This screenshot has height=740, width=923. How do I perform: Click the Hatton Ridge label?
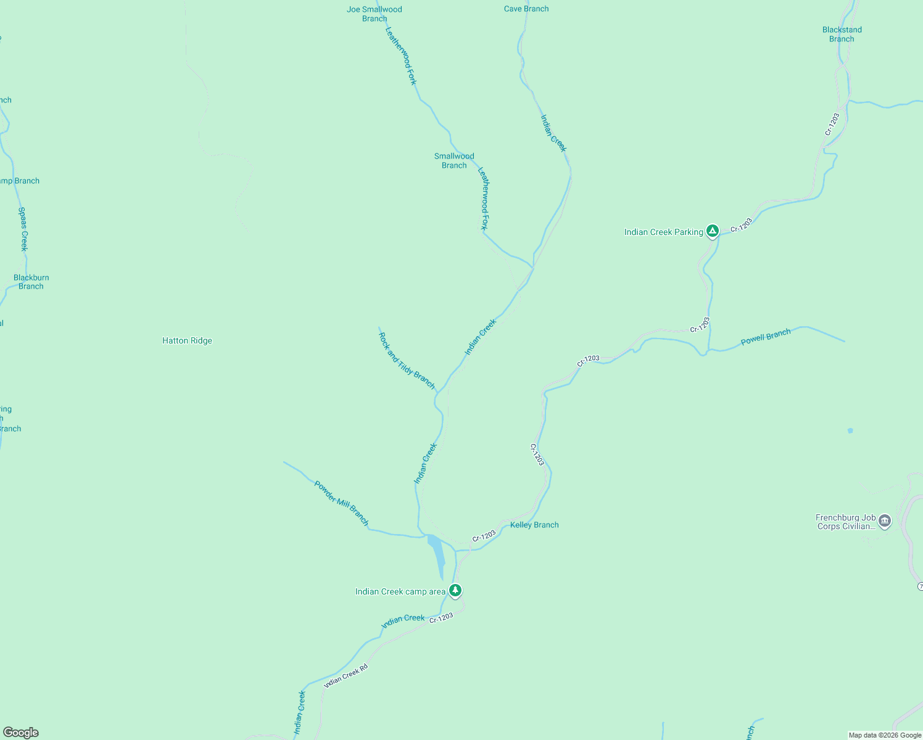point(187,340)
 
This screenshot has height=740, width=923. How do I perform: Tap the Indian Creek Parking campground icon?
point(713,231)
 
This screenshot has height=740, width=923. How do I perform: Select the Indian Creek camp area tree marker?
point(455,591)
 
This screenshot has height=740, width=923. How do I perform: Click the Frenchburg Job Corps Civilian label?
point(845,522)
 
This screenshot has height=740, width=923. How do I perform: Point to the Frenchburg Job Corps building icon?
point(885,521)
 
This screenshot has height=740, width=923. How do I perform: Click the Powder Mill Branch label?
point(341,503)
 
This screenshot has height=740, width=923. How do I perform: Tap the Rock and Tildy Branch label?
point(407,361)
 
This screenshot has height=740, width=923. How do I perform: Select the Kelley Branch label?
point(534,525)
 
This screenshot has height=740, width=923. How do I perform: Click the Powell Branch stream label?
point(766,337)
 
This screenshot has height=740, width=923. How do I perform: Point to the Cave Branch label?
point(526,9)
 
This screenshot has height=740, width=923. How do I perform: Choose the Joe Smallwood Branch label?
point(375,14)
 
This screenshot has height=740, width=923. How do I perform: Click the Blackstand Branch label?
point(842,34)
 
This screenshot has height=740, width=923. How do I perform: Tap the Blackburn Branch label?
point(31,282)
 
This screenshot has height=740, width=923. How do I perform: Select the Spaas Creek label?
point(23,229)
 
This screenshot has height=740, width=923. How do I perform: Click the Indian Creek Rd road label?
point(346,676)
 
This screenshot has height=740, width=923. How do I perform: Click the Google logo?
point(21,733)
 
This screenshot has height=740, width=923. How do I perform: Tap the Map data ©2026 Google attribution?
point(885,735)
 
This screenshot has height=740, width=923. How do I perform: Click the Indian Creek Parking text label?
point(663,232)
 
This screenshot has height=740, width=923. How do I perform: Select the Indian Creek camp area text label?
point(400,591)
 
